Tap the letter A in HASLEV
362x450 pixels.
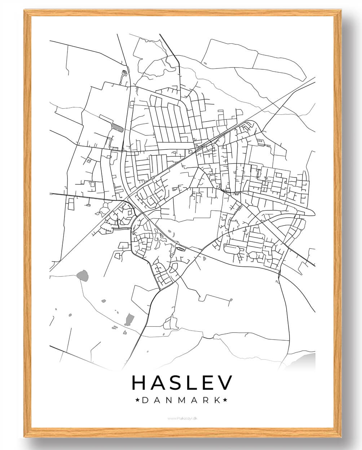pos(159,383)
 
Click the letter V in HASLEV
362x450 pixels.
pos(226,383)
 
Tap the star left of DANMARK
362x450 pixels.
pos(137,400)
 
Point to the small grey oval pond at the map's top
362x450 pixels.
pos(205,64)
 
